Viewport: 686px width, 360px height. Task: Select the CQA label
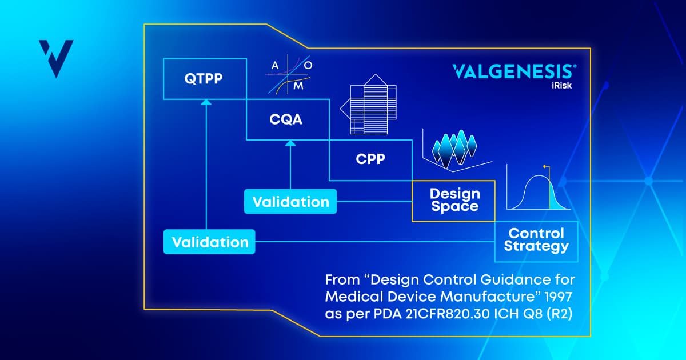point(286,119)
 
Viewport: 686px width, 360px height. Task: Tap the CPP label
point(370,159)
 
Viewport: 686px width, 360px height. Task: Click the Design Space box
point(454,201)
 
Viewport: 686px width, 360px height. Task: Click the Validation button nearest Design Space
point(290,202)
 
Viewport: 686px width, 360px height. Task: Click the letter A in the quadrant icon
point(275,66)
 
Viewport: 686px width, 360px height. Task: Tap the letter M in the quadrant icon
point(298,86)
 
